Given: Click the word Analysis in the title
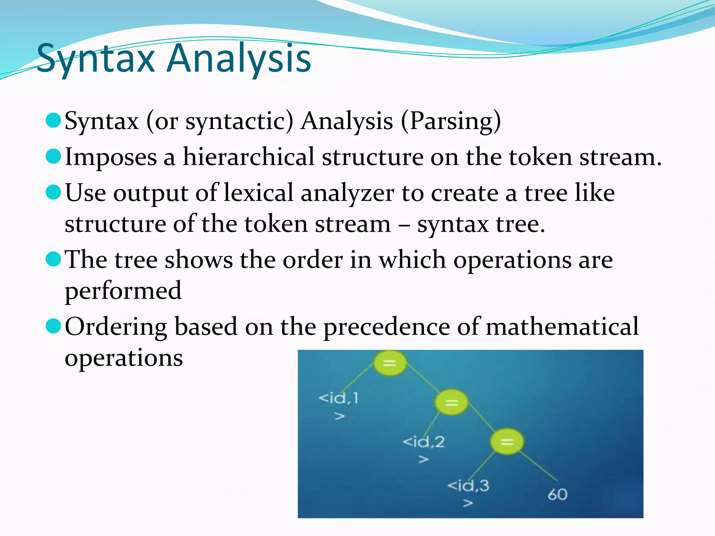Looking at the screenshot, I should tap(239, 58).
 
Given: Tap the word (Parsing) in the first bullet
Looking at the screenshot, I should tap(451, 121).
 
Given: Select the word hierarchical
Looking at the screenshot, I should tap(249, 157).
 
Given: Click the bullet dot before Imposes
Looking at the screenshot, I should tap(53, 156).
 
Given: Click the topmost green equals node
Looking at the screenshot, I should tap(390, 363).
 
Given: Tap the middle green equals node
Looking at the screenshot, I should tap(451, 403).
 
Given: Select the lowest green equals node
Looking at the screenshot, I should tap(507, 442).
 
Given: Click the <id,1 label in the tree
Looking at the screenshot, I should tap(338, 398).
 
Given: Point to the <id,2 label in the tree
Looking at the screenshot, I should tap(423, 442).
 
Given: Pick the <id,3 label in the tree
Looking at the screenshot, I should tap(468, 486).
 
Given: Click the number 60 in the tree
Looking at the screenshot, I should tap(557, 494).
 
